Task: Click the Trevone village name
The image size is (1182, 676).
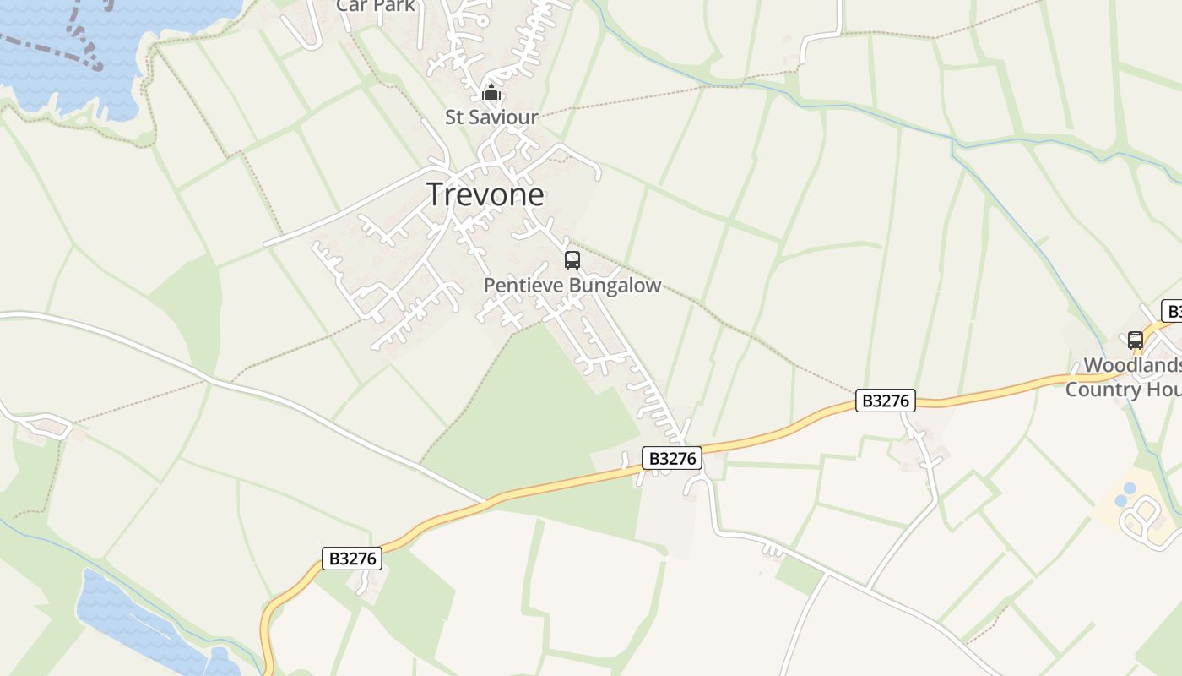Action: click(x=485, y=194)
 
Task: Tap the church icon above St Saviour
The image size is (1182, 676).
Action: click(x=491, y=93)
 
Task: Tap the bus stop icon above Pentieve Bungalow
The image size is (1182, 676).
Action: click(x=572, y=260)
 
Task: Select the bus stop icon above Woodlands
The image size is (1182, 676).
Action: click(x=1136, y=341)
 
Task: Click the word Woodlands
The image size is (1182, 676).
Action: click(x=1131, y=365)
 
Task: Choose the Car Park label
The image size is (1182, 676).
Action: click(x=375, y=6)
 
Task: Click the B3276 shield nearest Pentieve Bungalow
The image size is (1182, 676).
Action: click(x=672, y=458)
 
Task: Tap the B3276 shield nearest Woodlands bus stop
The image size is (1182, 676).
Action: click(x=886, y=401)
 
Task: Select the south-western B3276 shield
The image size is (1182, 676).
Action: click(x=352, y=558)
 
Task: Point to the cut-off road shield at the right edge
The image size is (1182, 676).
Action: click(x=1172, y=311)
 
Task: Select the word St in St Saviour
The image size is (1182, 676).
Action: click(x=453, y=117)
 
